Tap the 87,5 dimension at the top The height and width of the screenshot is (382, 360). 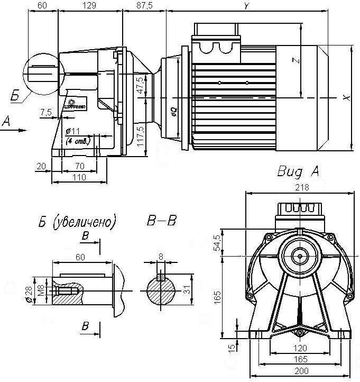tap(144, 5)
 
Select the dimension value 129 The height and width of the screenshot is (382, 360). tap(89, 5)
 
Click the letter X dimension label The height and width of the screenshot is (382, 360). tap(346, 98)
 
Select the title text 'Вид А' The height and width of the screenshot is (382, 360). tap(298, 172)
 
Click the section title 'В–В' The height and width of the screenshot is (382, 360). tap(161, 221)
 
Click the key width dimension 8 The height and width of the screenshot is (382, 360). tap(161, 257)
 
